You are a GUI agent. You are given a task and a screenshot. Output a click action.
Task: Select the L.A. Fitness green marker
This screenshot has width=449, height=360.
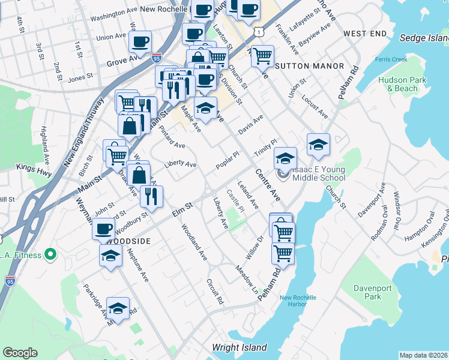50,255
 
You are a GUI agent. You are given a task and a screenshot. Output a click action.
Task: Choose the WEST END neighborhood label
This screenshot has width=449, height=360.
365,33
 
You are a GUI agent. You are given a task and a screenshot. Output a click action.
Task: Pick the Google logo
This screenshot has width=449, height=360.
20,353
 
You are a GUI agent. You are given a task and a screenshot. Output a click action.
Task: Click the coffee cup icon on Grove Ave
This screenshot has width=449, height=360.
140,42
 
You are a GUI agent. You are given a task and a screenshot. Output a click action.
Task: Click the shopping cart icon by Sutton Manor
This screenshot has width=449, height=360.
262,56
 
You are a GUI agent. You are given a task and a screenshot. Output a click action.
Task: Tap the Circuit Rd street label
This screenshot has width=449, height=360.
215,291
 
